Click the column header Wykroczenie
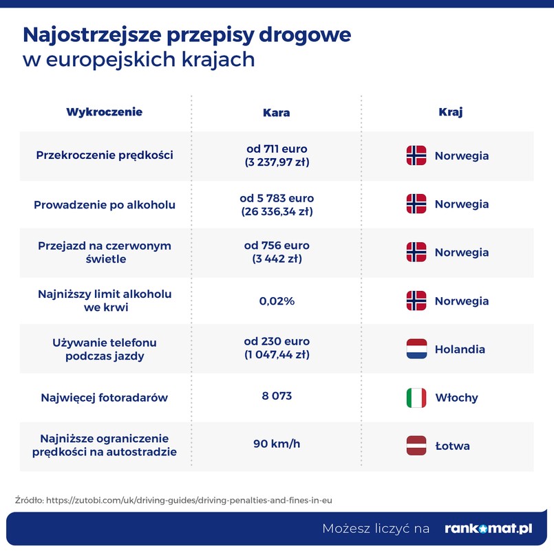tap(104, 112)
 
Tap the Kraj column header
tap(450, 112)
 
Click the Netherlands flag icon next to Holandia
tap(416, 349)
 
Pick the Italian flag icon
tap(416, 398)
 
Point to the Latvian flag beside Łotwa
tap(416, 446)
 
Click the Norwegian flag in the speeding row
tap(416, 155)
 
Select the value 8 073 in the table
tap(277, 396)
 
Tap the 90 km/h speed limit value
tap(277, 444)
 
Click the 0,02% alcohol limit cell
tap(277, 301)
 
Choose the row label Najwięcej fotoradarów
tap(104, 398)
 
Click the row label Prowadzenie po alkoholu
tap(104, 204)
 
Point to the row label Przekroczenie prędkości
tap(104, 155)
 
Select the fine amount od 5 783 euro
tap(277, 198)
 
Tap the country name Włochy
tap(456, 398)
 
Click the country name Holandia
tap(460, 349)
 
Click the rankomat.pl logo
tap(489, 528)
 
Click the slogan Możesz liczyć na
tap(376, 528)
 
